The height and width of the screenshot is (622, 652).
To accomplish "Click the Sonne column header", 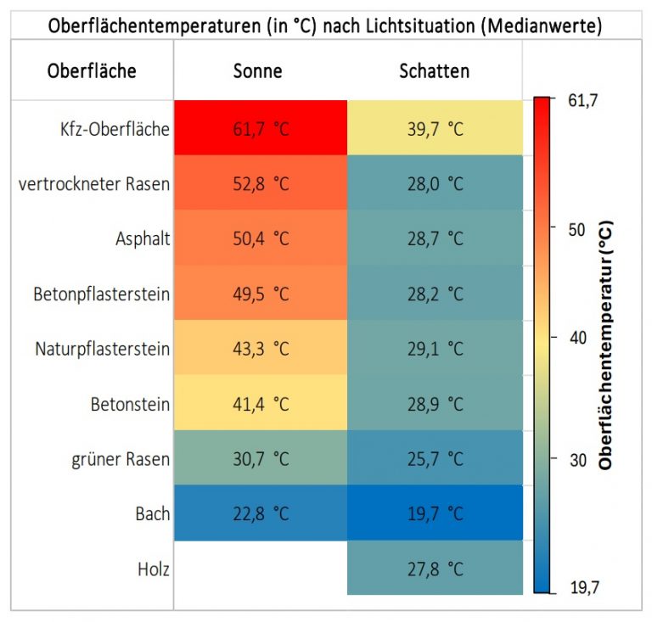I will point(260,71).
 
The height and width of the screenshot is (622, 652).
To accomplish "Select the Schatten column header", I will point(434,71).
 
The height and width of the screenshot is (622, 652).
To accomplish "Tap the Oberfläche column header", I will point(91,71).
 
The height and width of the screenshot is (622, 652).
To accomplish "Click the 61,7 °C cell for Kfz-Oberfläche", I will point(261,129).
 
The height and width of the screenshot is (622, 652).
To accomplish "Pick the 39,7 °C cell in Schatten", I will point(435,129).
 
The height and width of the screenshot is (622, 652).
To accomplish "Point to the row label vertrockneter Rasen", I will point(93,184).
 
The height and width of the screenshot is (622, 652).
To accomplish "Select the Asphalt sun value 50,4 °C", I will point(261,239).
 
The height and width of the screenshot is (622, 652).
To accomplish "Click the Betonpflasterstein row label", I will point(102,294).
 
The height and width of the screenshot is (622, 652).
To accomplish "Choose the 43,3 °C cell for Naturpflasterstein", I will point(261,349).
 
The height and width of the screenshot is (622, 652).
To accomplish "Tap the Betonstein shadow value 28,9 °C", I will point(435,404).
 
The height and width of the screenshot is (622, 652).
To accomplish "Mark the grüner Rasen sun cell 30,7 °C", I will point(261,459).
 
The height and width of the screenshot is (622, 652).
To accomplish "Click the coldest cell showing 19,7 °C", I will point(435,513).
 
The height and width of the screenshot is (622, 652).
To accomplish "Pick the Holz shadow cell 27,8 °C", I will point(435,569).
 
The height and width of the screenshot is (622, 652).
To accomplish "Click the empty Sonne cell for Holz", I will point(261,569).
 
